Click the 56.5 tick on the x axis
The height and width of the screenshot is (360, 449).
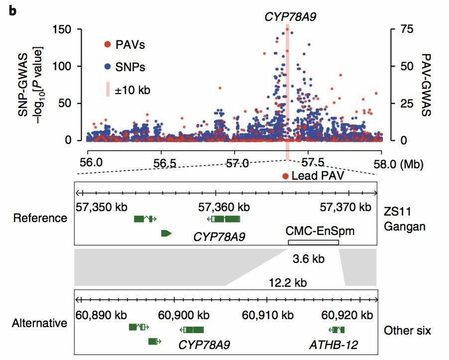[161, 163]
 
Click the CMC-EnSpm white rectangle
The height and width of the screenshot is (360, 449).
[313, 242]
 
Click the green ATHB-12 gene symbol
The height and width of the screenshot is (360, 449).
[337, 330]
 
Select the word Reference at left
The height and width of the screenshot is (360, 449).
[40, 218]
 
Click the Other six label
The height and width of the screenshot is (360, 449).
[408, 331]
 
